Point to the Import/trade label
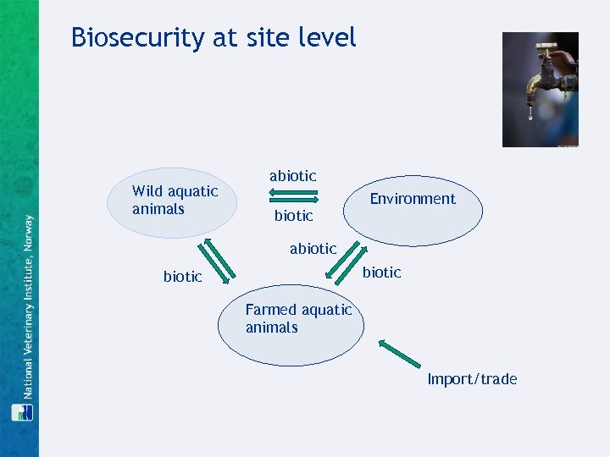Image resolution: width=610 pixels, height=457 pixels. (472, 379)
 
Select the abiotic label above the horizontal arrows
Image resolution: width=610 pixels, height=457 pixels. (292, 176)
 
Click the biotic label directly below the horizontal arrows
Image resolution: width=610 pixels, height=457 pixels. (293, 216)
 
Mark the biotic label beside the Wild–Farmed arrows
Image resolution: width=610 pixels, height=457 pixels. (182, 277)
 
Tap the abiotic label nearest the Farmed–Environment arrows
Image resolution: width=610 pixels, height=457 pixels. (313, 249)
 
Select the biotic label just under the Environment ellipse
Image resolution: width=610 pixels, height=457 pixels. (381, 272)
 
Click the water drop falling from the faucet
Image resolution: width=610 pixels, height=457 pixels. (531, 116)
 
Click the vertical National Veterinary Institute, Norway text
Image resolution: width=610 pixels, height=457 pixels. (27, 305)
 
